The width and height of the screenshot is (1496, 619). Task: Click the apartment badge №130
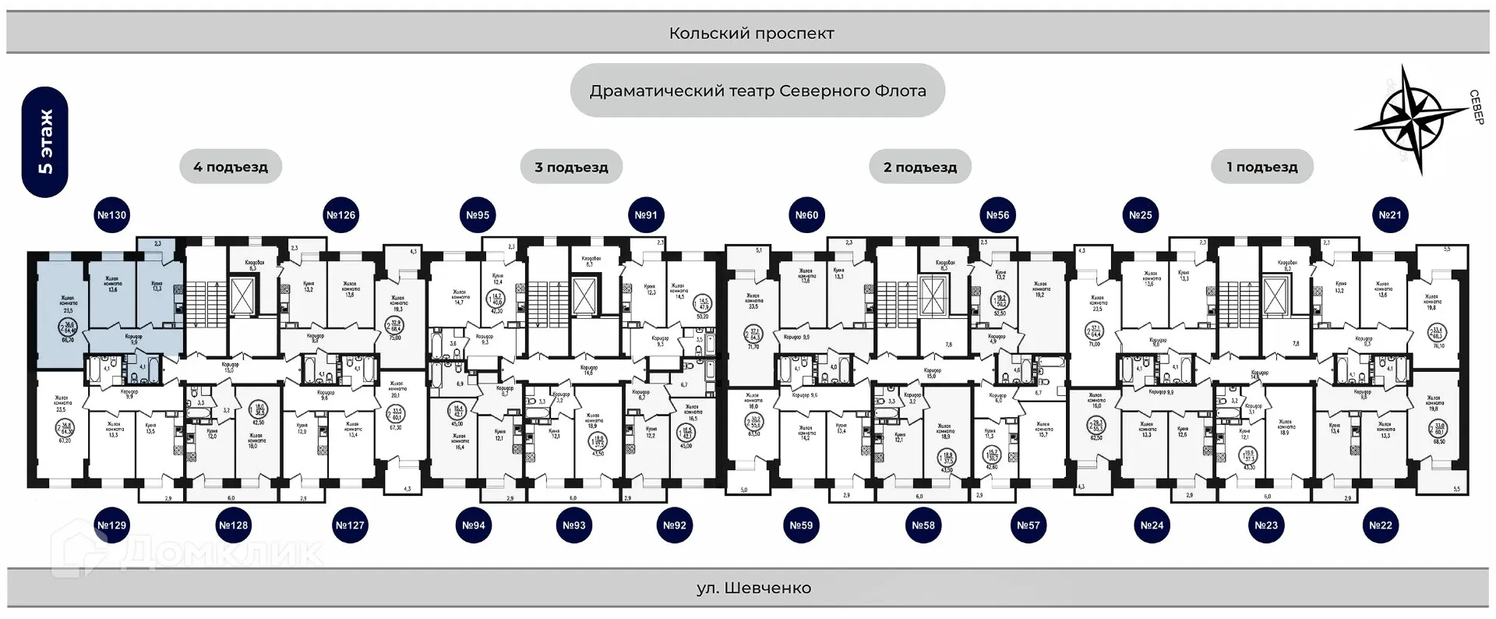[x=111, y=215]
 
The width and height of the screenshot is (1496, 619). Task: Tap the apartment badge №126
[x=340, y=215]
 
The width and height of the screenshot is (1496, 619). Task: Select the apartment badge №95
[x=478, y=215]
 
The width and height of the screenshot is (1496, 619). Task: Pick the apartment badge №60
[x=806, y=215]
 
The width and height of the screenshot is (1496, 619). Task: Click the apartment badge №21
[x=1390, y=215]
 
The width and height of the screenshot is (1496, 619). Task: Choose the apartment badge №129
[x=111, y=525]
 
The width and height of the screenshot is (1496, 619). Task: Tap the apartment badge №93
[x=574, y=525]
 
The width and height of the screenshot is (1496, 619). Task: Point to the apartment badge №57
[x=1028, y=525]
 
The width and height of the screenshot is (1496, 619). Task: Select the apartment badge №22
[x=1381, y=525]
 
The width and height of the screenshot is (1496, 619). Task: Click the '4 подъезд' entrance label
[x=231, y=167]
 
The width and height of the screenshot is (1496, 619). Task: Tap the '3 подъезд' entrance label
[x=571, y=167]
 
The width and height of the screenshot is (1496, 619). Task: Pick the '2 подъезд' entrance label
[x=920, y=167]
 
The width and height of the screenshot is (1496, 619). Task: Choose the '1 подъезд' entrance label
[x=1262, y=167]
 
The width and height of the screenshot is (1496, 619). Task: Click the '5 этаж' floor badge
[x=45, y=142]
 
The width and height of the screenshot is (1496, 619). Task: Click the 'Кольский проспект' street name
[x=751, y=34]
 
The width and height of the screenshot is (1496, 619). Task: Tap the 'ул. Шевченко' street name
[x=753, y=588]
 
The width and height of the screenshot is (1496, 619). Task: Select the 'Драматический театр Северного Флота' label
[x=757, y=90]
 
